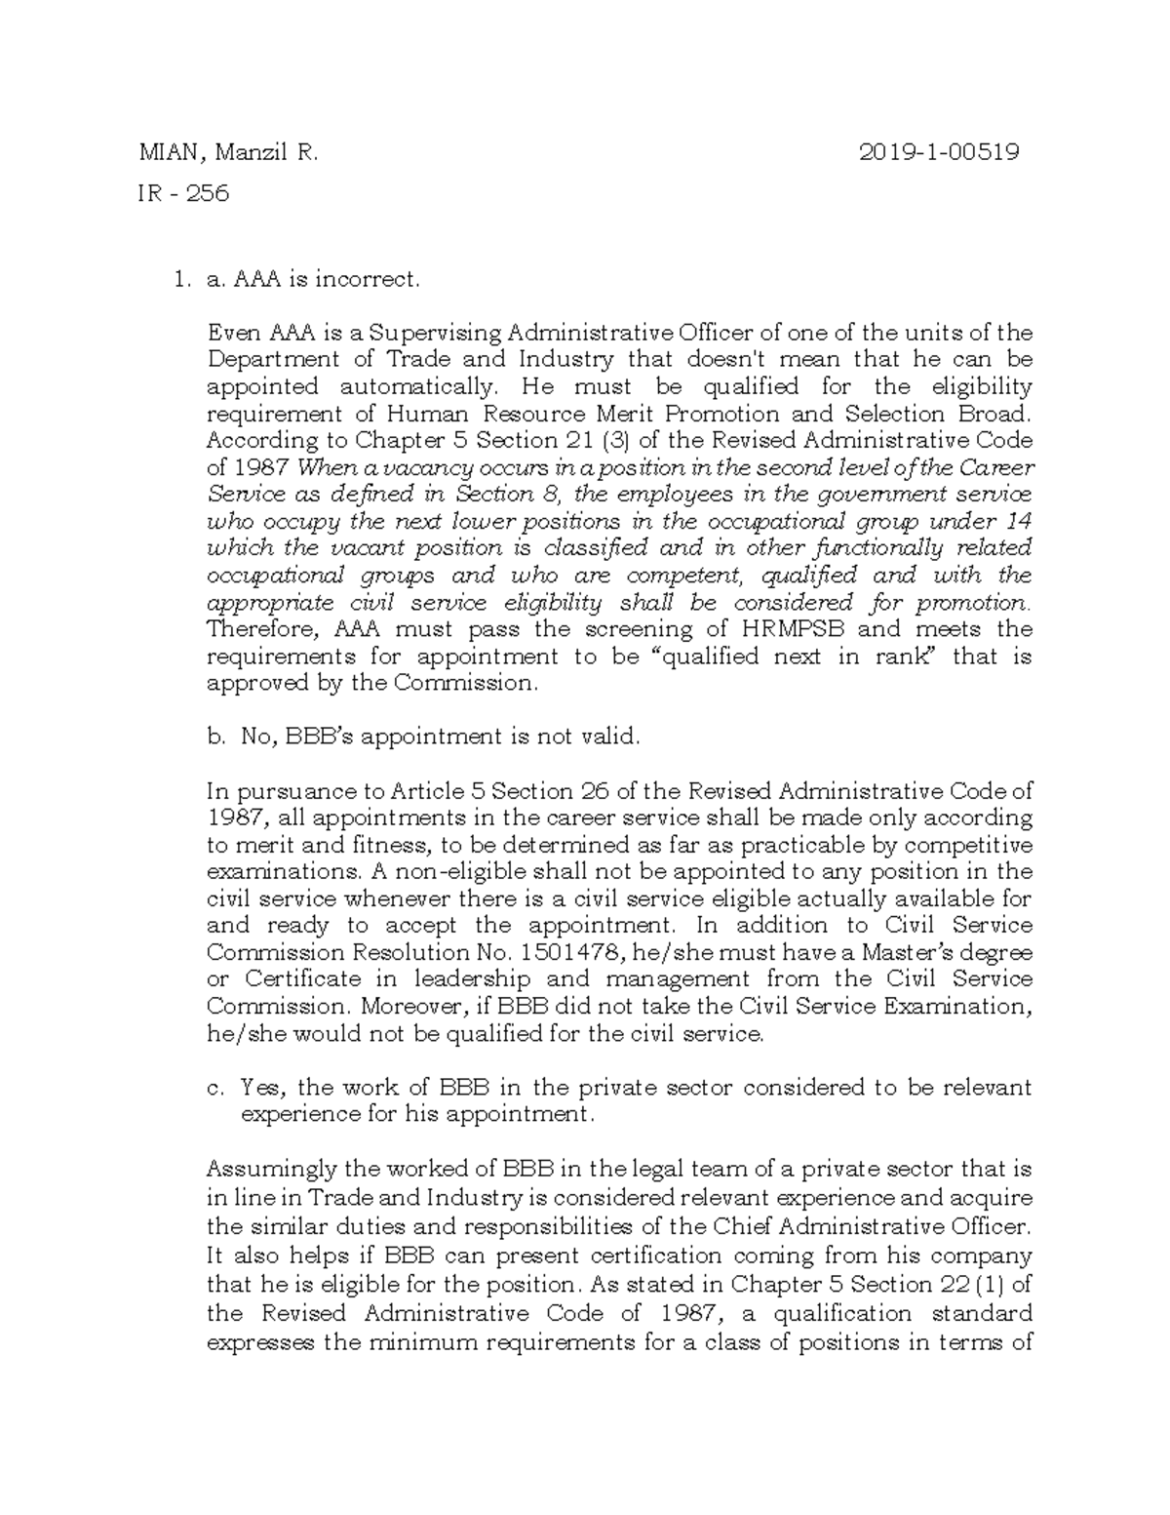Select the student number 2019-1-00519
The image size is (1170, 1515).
point(940,152)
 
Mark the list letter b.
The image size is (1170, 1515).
point(214,738)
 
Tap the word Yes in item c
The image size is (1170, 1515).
point(263,1087)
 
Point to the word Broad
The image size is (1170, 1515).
point(995,414)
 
